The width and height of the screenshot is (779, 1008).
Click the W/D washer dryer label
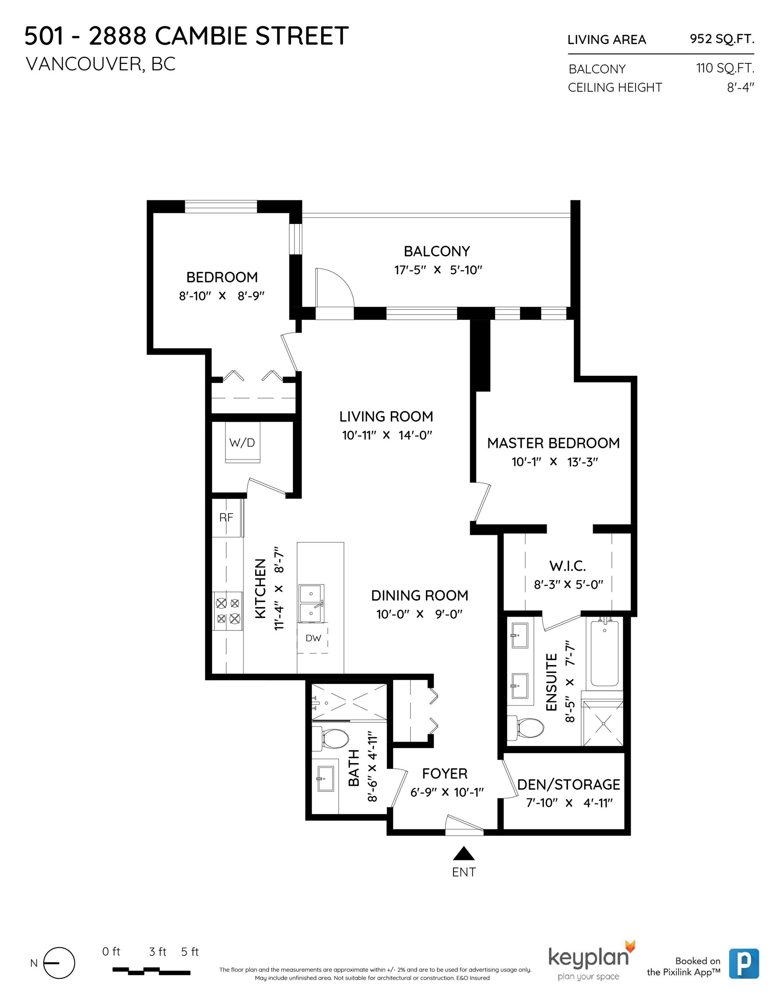pos(242,443)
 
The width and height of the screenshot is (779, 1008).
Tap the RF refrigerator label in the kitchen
pos(226,518)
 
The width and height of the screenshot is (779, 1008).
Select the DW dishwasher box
pos(312,639)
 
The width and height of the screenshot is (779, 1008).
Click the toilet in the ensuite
pos(526,728)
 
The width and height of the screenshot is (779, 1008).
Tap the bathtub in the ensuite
pos(604,653)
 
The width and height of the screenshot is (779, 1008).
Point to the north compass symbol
pos(59,963)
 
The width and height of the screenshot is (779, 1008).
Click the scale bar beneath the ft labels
pos(151,971)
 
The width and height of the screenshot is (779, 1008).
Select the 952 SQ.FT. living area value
pos(722,39)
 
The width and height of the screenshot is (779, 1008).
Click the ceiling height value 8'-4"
pos(740,87)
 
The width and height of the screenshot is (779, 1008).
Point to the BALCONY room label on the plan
pos(437,251)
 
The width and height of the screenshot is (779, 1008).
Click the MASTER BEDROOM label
pos(553,443)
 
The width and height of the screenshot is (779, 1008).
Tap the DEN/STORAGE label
pos(568,784)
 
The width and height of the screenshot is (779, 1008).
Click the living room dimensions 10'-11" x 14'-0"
pos(387,435)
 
